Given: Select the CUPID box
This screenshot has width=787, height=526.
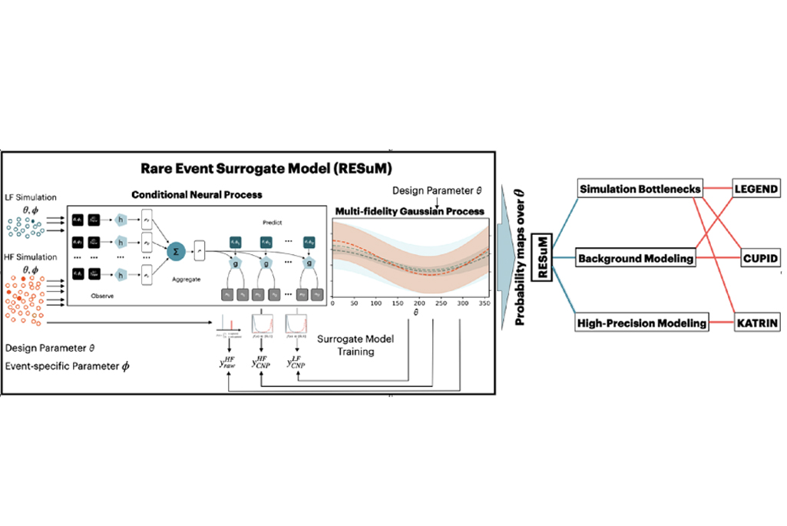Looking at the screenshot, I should tap(760, 258).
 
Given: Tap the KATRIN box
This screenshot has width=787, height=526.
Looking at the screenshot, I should tap(757, 324).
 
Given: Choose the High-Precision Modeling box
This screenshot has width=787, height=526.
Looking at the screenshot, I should tap(641, 324).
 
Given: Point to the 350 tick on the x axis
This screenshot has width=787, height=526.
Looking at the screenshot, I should tap(484, 304).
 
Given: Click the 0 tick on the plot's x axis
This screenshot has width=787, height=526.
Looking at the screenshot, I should tap(333, 304).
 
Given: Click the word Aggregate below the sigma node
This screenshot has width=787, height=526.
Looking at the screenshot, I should tap(187, 280).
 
